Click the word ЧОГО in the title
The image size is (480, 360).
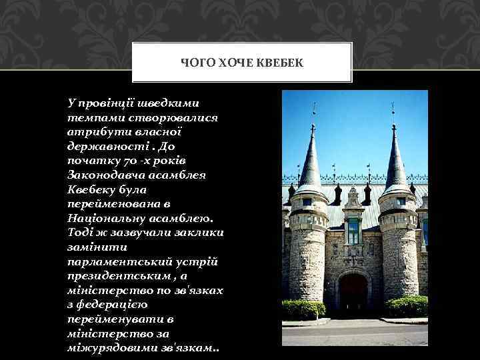coord(195,63)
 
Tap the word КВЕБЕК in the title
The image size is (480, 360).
coord(281,63)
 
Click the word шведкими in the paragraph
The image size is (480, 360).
coord(169,103)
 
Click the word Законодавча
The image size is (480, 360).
coord(101,175)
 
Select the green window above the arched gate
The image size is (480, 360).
coord(353,231)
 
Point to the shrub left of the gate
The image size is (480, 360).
coord(303,309)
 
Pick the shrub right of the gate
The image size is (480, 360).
coord(407,306)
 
